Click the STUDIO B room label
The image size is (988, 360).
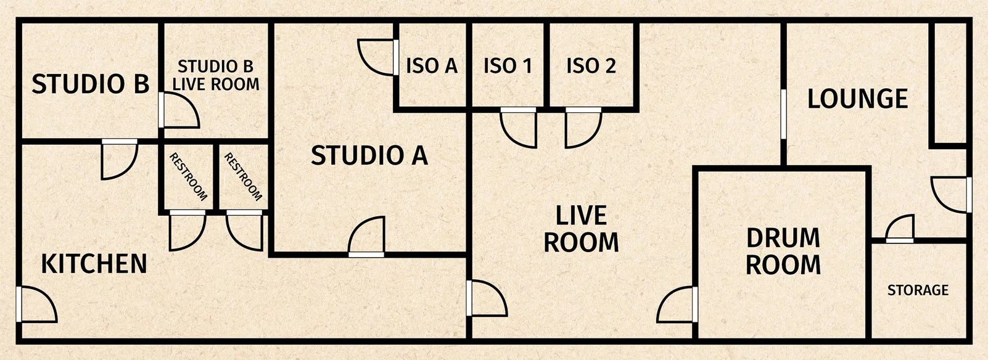(x=90, y=84)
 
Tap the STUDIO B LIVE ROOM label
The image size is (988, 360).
(x=215, y=75)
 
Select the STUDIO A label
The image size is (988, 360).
(x=369, y=155)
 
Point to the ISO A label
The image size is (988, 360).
(x=431, y=65)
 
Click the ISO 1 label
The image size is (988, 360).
(x=508, y=65)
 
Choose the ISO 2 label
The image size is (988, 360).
(x=591, y=65)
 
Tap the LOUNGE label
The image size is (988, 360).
(x=857, y=99)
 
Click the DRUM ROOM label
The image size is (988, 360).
(x=783, y=252)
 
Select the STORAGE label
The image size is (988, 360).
(x=918, y=290)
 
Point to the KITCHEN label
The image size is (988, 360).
(x=94, y=264)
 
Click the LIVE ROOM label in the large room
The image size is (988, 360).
(x=581, y=229)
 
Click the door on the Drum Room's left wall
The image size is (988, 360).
(x=678, y=305)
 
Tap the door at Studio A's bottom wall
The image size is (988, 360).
(x=367, y=237)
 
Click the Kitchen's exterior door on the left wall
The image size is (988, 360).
(x=37, y=305)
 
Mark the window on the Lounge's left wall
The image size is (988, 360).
(x=783, y=114)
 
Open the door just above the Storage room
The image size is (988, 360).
(x=900, y=229)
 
